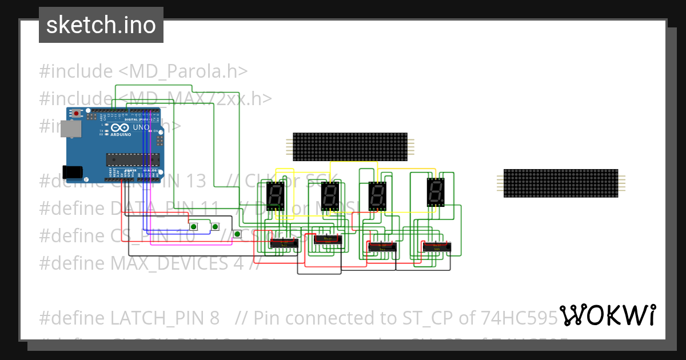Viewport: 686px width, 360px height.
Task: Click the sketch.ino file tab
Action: [101, 25]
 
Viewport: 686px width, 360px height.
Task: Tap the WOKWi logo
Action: [607, 315]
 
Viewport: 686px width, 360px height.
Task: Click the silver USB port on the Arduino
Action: [72, 129]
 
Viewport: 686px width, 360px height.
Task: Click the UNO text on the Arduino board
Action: [141, 127]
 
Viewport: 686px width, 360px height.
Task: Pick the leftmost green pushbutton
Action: [194, 227]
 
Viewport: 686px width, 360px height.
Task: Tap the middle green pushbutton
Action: [215, 227]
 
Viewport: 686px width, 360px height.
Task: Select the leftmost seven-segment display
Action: [276, 196]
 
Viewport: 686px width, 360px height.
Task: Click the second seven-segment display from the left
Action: [330, 197]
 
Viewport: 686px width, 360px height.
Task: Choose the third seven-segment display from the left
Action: [377, 197]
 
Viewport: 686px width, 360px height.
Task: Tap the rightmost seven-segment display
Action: [436, 192]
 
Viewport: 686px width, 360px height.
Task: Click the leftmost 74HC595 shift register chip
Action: [284, 243]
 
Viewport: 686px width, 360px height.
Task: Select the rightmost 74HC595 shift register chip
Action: [436, 247]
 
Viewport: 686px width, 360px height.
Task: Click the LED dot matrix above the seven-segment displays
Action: [350, 147]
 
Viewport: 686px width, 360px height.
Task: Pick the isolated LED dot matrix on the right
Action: [560, 183]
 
